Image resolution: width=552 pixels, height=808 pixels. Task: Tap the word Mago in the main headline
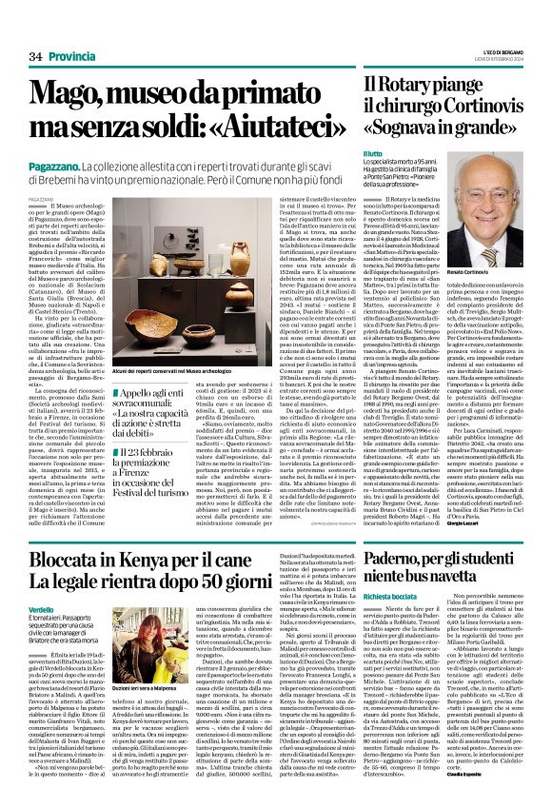click(69, 94)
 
